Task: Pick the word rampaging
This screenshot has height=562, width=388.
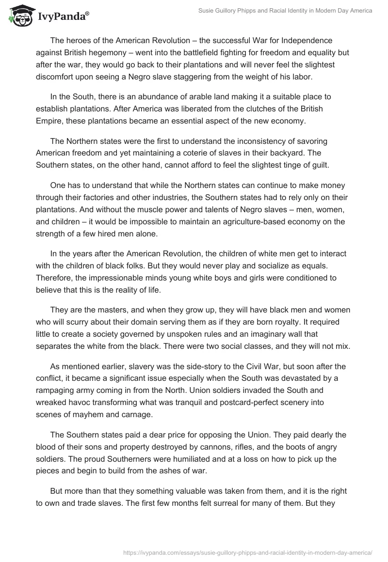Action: [x=59, y=392]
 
